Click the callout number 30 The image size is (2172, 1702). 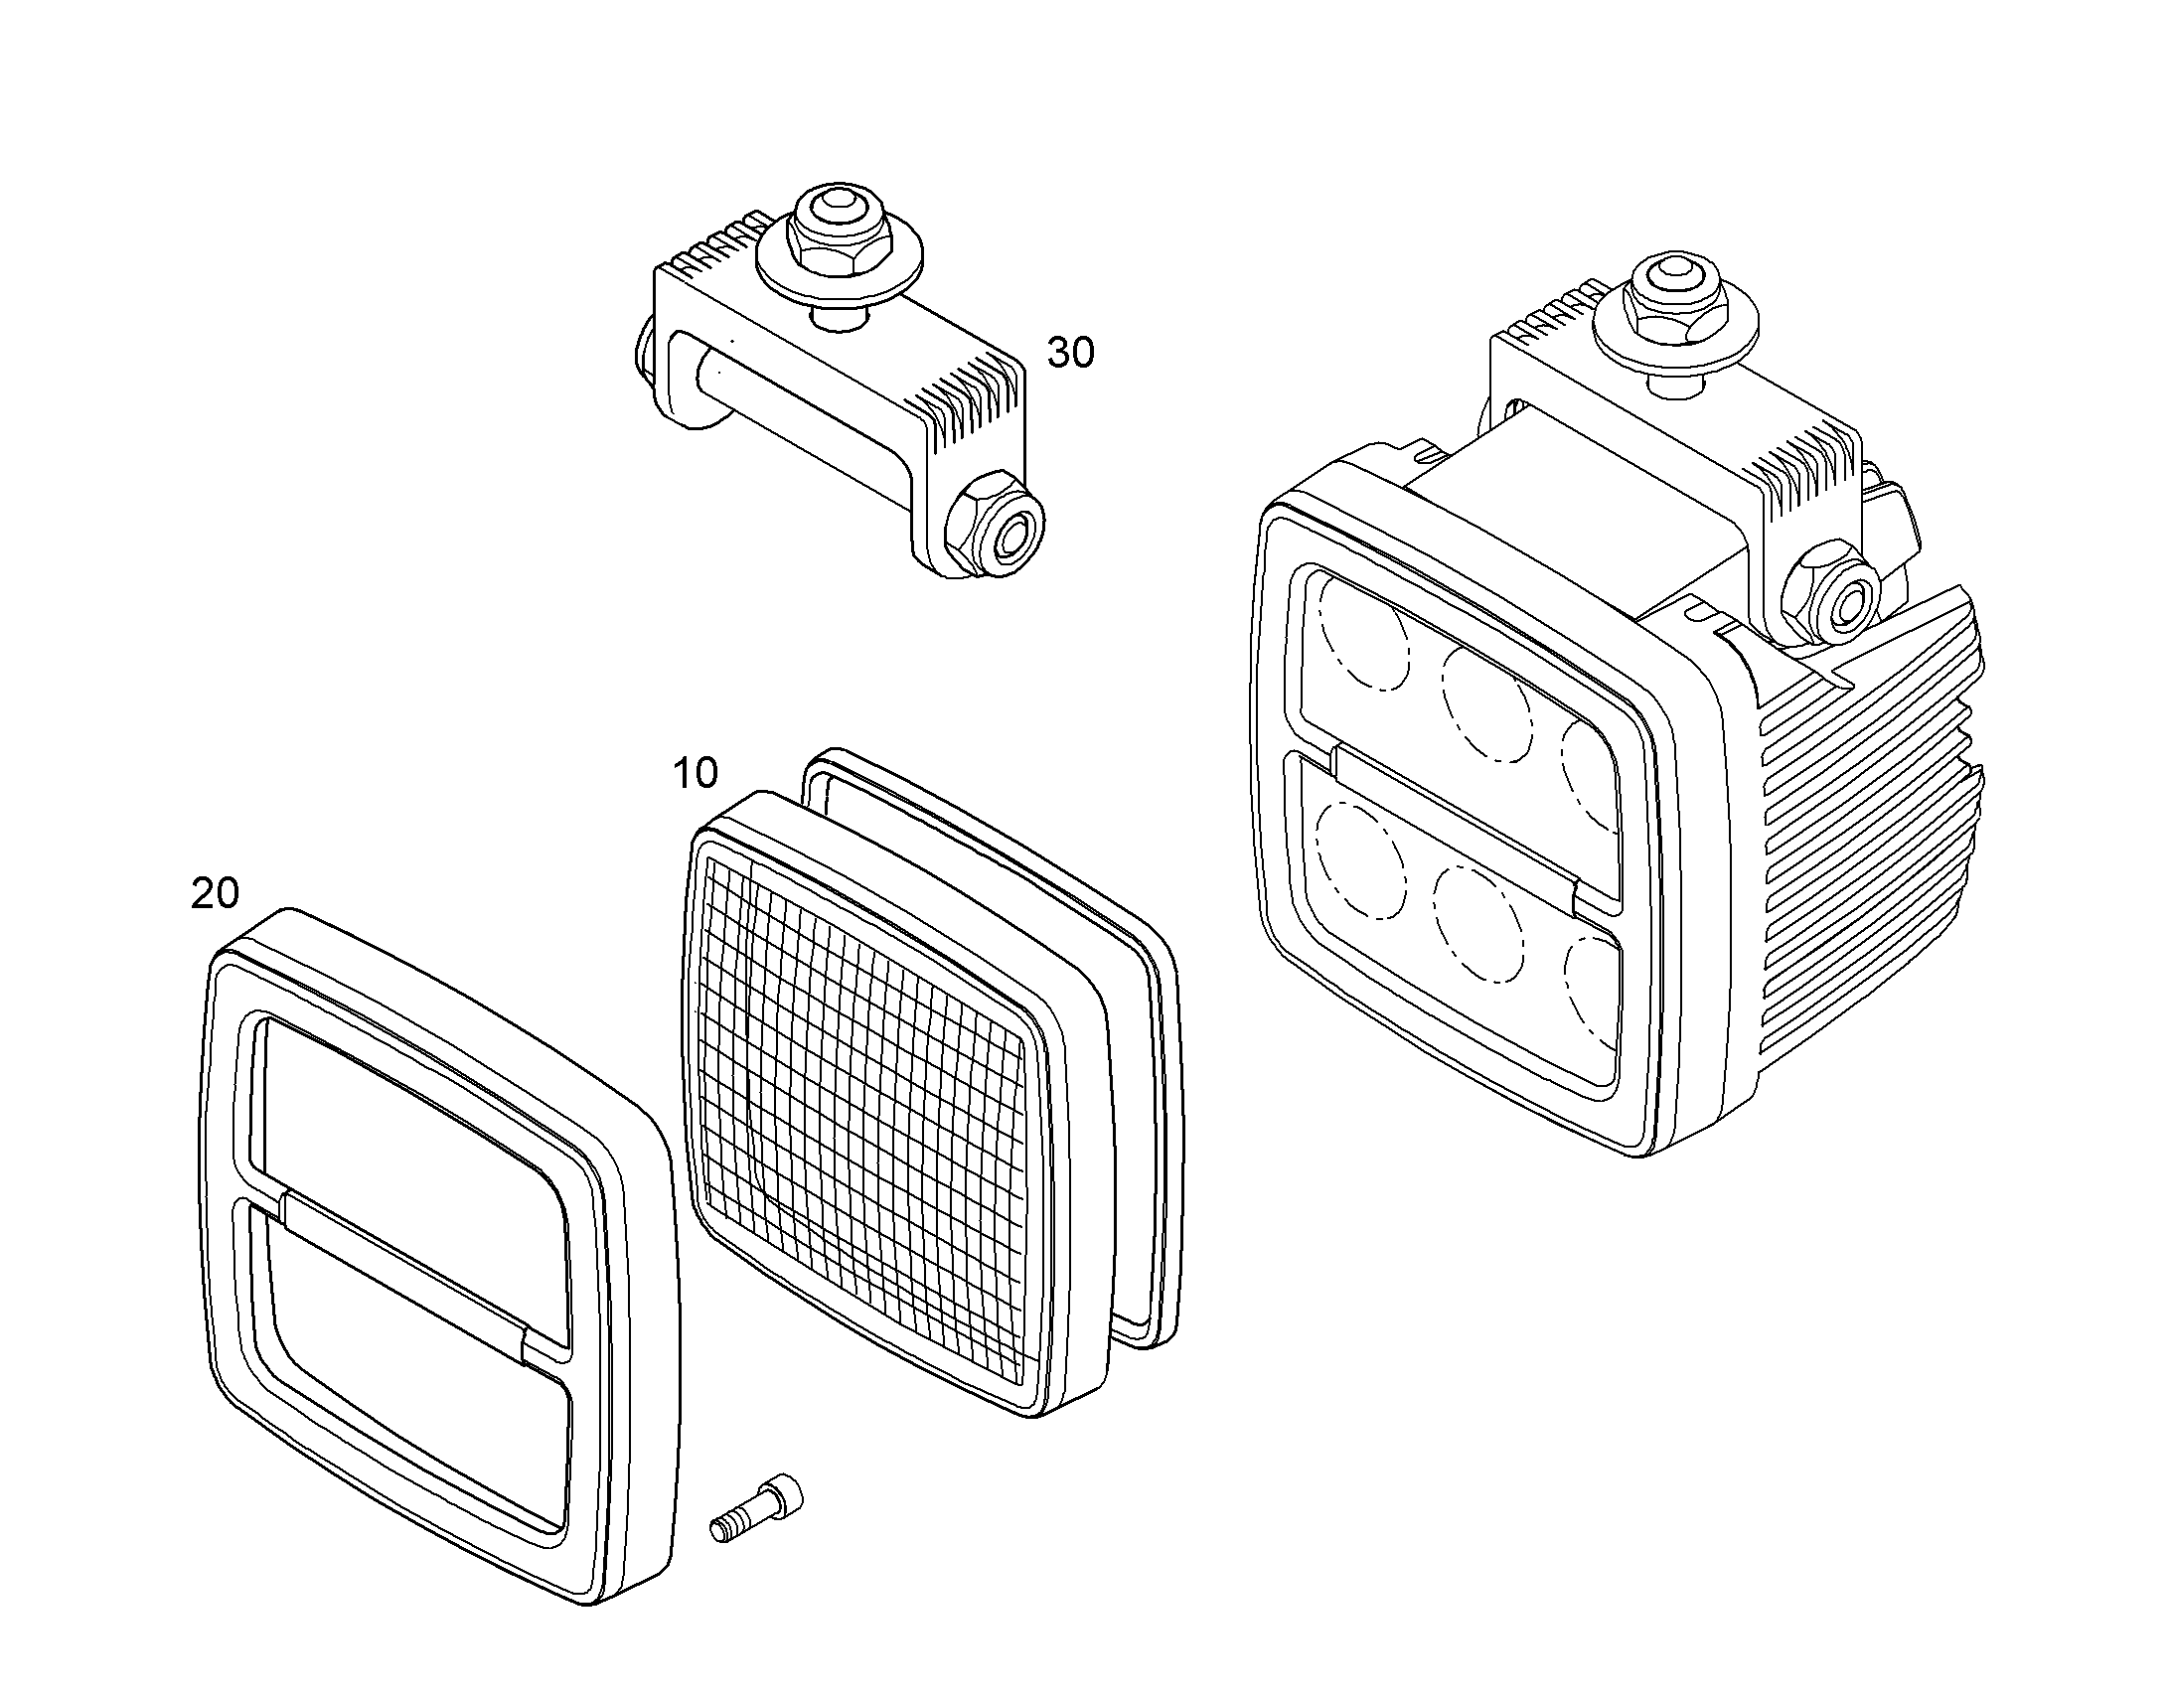(x=1070, y=352)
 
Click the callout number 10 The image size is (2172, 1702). (x=696, y=772)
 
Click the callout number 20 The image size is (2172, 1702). (x=216, y=893)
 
